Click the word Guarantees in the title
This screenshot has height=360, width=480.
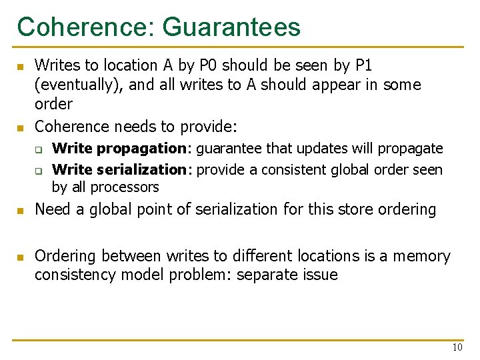(x=231, y=27)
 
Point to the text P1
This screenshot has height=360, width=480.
(x=363, y=65)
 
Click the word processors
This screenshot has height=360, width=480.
(x=125, y=187)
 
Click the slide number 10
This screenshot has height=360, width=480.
(x=457, y=347)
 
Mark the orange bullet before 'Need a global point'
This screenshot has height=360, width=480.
(x=20, y=211)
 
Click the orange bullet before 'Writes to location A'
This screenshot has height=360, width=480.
(x=20, y=67)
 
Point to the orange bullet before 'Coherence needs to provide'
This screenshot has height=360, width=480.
(x=20, y=127)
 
